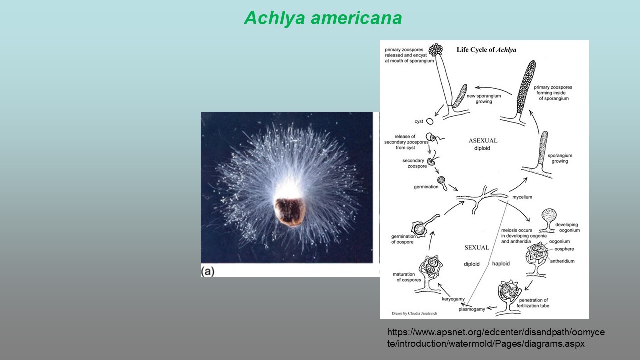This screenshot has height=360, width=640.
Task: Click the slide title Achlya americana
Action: tap(323, 18)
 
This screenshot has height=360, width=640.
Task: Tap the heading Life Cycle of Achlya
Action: tap(486, 50)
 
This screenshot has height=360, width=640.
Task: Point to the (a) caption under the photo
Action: tap(207, 271)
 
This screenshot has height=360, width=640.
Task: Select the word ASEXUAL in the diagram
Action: tap(483, 141)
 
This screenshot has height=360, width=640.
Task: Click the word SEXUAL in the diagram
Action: tap(477, 247)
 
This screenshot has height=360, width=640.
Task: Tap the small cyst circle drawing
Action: tap(430, 121)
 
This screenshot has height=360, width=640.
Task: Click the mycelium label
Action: tap(522, 197)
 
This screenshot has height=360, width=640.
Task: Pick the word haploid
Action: tap(501, 263)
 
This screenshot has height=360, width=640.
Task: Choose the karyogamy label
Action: tap(453, 299)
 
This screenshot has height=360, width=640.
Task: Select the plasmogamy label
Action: tap(472, 309)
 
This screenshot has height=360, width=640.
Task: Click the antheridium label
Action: tap(562, 261)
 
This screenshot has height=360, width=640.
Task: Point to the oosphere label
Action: tap(564, 249)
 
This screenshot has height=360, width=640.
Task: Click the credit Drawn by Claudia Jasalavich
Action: tap(414, 313)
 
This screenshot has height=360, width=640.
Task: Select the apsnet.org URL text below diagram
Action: tap(496, 338)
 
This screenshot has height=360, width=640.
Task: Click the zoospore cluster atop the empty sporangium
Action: tap(436, 50)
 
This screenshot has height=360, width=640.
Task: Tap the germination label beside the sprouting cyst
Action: tap(426, 187)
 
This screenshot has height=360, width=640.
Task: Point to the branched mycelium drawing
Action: tap(481, 199)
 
